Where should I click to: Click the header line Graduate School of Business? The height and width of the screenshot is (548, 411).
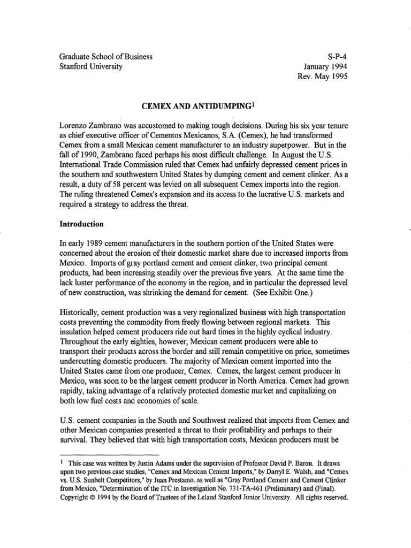(104, 56)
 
